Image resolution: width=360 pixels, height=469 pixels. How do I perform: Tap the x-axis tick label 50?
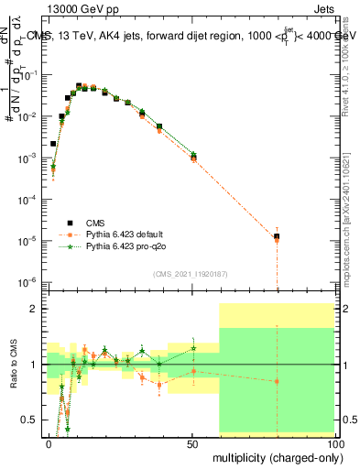[192, 443]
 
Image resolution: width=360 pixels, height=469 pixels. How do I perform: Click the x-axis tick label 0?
[49, 443]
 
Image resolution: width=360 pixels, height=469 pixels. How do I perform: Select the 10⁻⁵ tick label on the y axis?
[27, 240]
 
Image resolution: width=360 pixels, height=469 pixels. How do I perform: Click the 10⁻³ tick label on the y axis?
[27, 158]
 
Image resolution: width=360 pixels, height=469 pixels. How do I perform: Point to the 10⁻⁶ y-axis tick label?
[27, 281]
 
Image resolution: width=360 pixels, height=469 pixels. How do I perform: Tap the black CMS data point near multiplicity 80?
[277, 236]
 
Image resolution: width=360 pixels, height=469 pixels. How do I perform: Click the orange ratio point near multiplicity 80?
[277, 381]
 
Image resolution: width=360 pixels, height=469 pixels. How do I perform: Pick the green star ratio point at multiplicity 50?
[193, 348]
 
